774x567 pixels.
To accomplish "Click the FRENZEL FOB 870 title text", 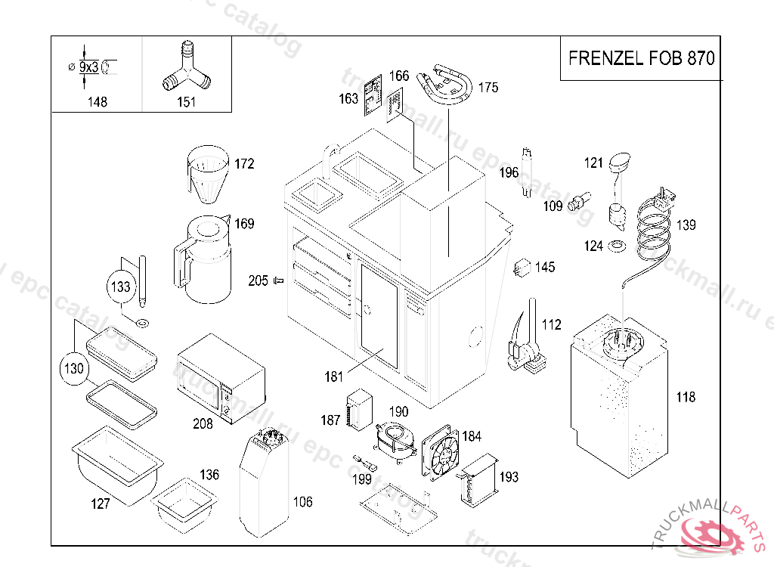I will point(641,59).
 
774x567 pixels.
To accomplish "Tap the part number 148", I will point(98,102).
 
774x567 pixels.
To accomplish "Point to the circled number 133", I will point(122,287).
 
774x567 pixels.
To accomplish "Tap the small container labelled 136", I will point(184,503).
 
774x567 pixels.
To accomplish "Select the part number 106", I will point(302,502).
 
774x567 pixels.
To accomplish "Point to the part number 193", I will point(509,477).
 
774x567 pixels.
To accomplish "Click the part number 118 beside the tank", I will point(686,397).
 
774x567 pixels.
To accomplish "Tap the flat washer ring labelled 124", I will point(617,245).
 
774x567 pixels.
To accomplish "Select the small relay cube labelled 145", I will point(522,267).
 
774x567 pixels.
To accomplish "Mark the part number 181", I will point(334,376).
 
